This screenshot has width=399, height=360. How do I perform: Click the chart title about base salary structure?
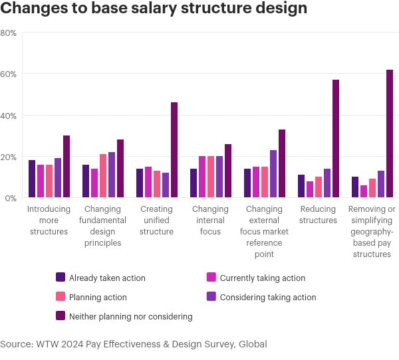pos(154,9)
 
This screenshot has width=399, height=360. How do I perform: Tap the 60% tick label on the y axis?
pos(9,74)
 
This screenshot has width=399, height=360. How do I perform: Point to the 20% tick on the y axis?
pos(9,157)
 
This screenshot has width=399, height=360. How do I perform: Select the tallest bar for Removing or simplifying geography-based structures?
pos(390,134)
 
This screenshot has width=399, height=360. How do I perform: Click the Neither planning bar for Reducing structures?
pos(336,139)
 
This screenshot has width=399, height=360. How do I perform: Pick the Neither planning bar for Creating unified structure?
pos(174,150)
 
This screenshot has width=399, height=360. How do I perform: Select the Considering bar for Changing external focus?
pos(273,174)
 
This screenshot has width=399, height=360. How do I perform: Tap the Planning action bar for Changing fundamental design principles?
pos(103,176)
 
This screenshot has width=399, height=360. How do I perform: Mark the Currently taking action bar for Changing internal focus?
pos(202,177)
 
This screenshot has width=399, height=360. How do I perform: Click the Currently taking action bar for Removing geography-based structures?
pos(364,191)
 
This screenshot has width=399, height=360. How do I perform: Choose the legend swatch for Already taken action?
pos(61,278)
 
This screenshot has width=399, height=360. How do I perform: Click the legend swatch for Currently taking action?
pos(211,278)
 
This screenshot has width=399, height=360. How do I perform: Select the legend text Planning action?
pos(98,298)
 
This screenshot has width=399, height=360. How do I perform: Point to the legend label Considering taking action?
pos(268,298)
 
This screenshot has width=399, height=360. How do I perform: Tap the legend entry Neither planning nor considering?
pos(130,317)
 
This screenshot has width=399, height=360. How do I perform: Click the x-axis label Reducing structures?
pos(318,215)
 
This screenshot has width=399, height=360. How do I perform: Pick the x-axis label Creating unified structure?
pos(157,221)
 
